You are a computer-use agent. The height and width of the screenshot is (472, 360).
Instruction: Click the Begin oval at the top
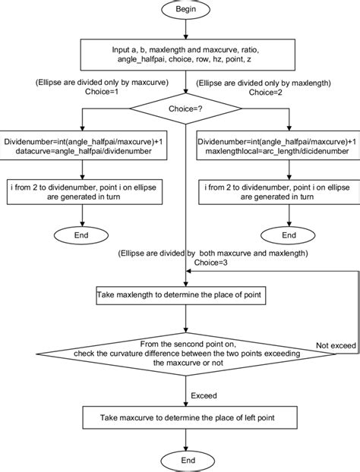[185, 12]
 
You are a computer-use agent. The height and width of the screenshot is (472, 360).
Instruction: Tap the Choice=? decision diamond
[185, 109]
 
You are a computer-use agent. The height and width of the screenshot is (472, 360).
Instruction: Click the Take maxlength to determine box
[185, 295]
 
